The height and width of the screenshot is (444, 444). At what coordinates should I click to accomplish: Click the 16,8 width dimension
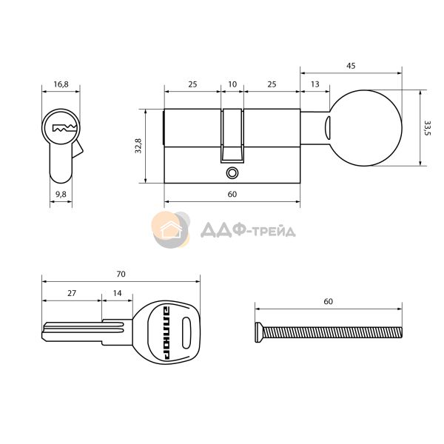click(x=61, y=84)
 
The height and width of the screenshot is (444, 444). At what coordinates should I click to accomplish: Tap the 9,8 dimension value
click(x=61, y=194)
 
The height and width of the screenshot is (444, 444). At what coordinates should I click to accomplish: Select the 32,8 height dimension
click(x=138, y=146)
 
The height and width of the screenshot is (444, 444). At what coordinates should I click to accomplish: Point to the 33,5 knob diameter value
click(x=427, y=128)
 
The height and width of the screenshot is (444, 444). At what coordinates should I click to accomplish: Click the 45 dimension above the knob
click(x=351, y=66)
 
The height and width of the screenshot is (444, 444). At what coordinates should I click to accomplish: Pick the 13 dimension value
click(x=315, y=84)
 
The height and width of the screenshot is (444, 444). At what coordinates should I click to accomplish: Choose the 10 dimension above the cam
click(x=232, y=84)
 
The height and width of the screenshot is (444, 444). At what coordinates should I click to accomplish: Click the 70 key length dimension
click(x=121, y=274)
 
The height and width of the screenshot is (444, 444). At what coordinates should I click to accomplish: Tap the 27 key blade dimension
click(x=72, y=293)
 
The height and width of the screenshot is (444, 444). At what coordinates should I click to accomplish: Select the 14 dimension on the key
click(x=117, y=293)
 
